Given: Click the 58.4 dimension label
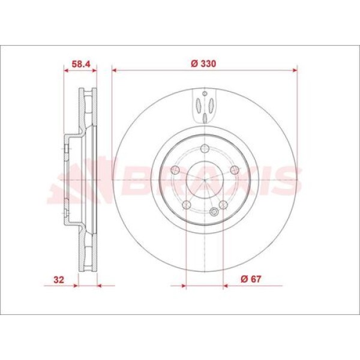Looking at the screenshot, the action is [80, 64].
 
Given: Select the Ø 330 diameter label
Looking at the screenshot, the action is [203, 64].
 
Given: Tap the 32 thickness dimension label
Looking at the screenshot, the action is [59, 280].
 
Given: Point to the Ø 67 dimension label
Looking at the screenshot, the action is [251, 279].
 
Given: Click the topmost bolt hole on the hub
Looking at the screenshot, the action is [205, 149].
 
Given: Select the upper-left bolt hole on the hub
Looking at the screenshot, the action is [175, 170].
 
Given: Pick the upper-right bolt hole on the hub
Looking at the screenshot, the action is [235, 170].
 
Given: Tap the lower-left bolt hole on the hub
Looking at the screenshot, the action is [187, 205].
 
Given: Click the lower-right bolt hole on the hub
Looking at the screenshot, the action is [223, 205].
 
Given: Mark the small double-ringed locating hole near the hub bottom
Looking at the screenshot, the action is [214, 211].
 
